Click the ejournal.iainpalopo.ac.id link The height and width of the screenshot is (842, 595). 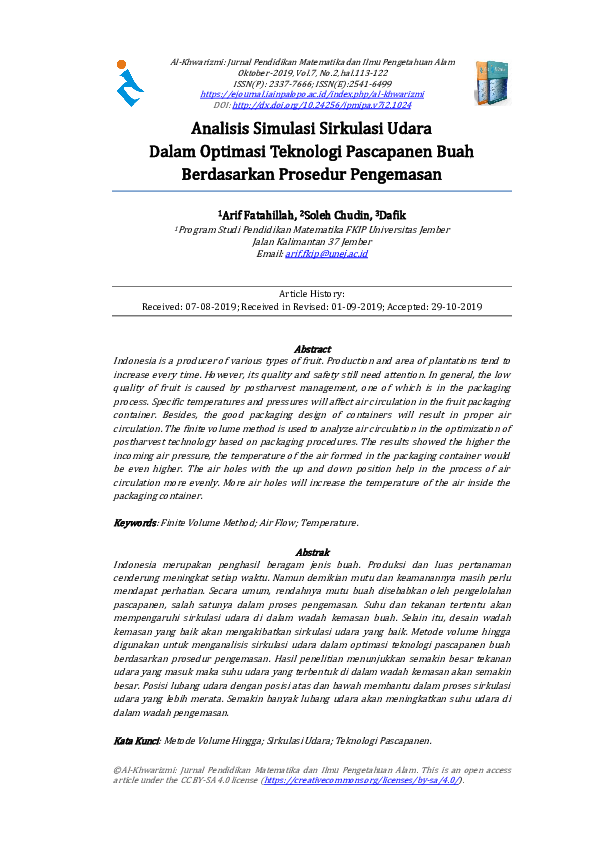312,94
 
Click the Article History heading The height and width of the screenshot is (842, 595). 312,294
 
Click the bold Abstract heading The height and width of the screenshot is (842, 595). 313,348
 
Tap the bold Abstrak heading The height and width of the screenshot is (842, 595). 313,552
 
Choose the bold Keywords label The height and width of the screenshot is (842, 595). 135,523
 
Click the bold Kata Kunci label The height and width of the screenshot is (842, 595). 137,741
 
